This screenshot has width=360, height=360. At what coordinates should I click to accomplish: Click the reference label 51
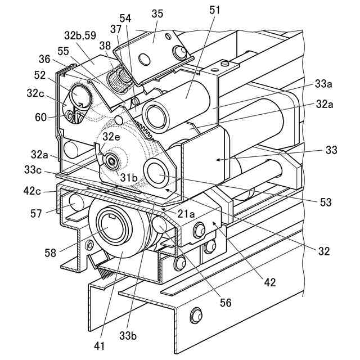pyautogui.click(x=214, y=10)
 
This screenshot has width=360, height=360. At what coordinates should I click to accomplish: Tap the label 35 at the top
pyautogui.click(x=157, y=13)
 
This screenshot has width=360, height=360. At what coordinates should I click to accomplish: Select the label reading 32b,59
pyautogui.click(x=80, y=35)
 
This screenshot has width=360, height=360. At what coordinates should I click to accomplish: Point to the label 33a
pyautogui.click(x=323, y=84)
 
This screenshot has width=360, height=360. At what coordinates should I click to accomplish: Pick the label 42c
pyautogui.click(x=32, y=191)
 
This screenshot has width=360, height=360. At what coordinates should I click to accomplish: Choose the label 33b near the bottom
pyautogui.click(x=128, y=336)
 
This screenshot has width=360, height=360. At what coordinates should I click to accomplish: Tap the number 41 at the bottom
pyautogui.click(x=100, y=346)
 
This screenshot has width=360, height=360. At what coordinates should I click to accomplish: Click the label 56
pyautogui.click(x=226, y=303)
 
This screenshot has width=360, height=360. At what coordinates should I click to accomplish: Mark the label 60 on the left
pyautogui.click(x=41, y=118)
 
